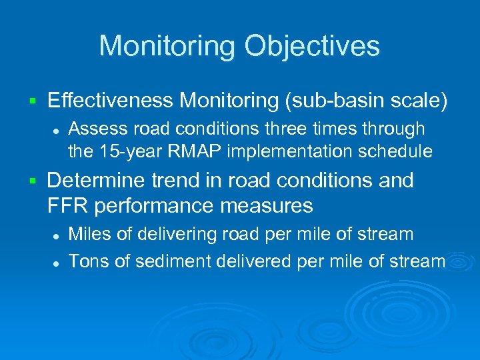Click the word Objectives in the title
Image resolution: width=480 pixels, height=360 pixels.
pyautogui.click(x=312, y=47)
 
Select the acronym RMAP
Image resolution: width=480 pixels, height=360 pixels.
pyautogui.click(x=193, y=151)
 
